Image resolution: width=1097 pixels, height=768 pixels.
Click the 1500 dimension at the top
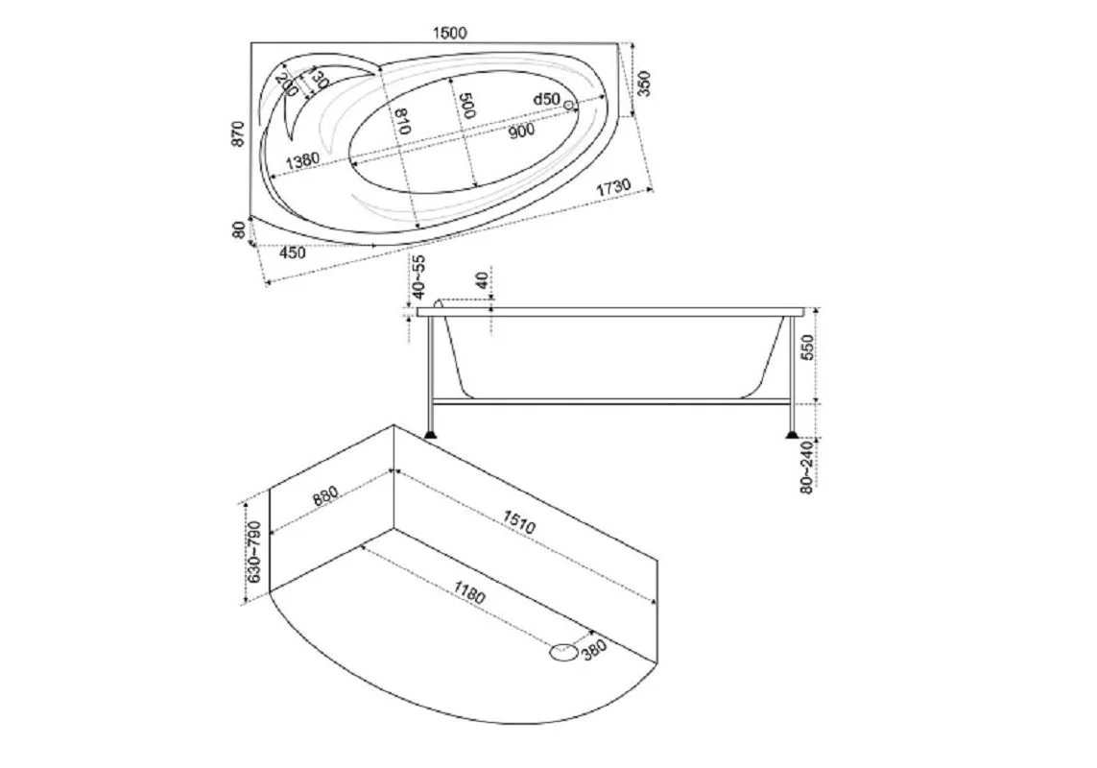(x=450, y=33)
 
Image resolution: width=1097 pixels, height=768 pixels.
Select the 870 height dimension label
(x=239, y=133)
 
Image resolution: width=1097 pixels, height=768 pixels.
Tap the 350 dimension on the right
(x=644, y=84)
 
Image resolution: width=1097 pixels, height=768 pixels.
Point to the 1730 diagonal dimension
(x=613, y=187)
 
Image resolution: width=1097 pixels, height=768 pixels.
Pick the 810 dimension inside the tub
(x=402, y=121)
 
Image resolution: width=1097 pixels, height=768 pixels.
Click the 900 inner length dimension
(x=521, y=130)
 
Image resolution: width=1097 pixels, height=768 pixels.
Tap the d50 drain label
(x=546, y=100)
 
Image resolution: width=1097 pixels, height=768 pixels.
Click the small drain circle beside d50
(x=569, y=105)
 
